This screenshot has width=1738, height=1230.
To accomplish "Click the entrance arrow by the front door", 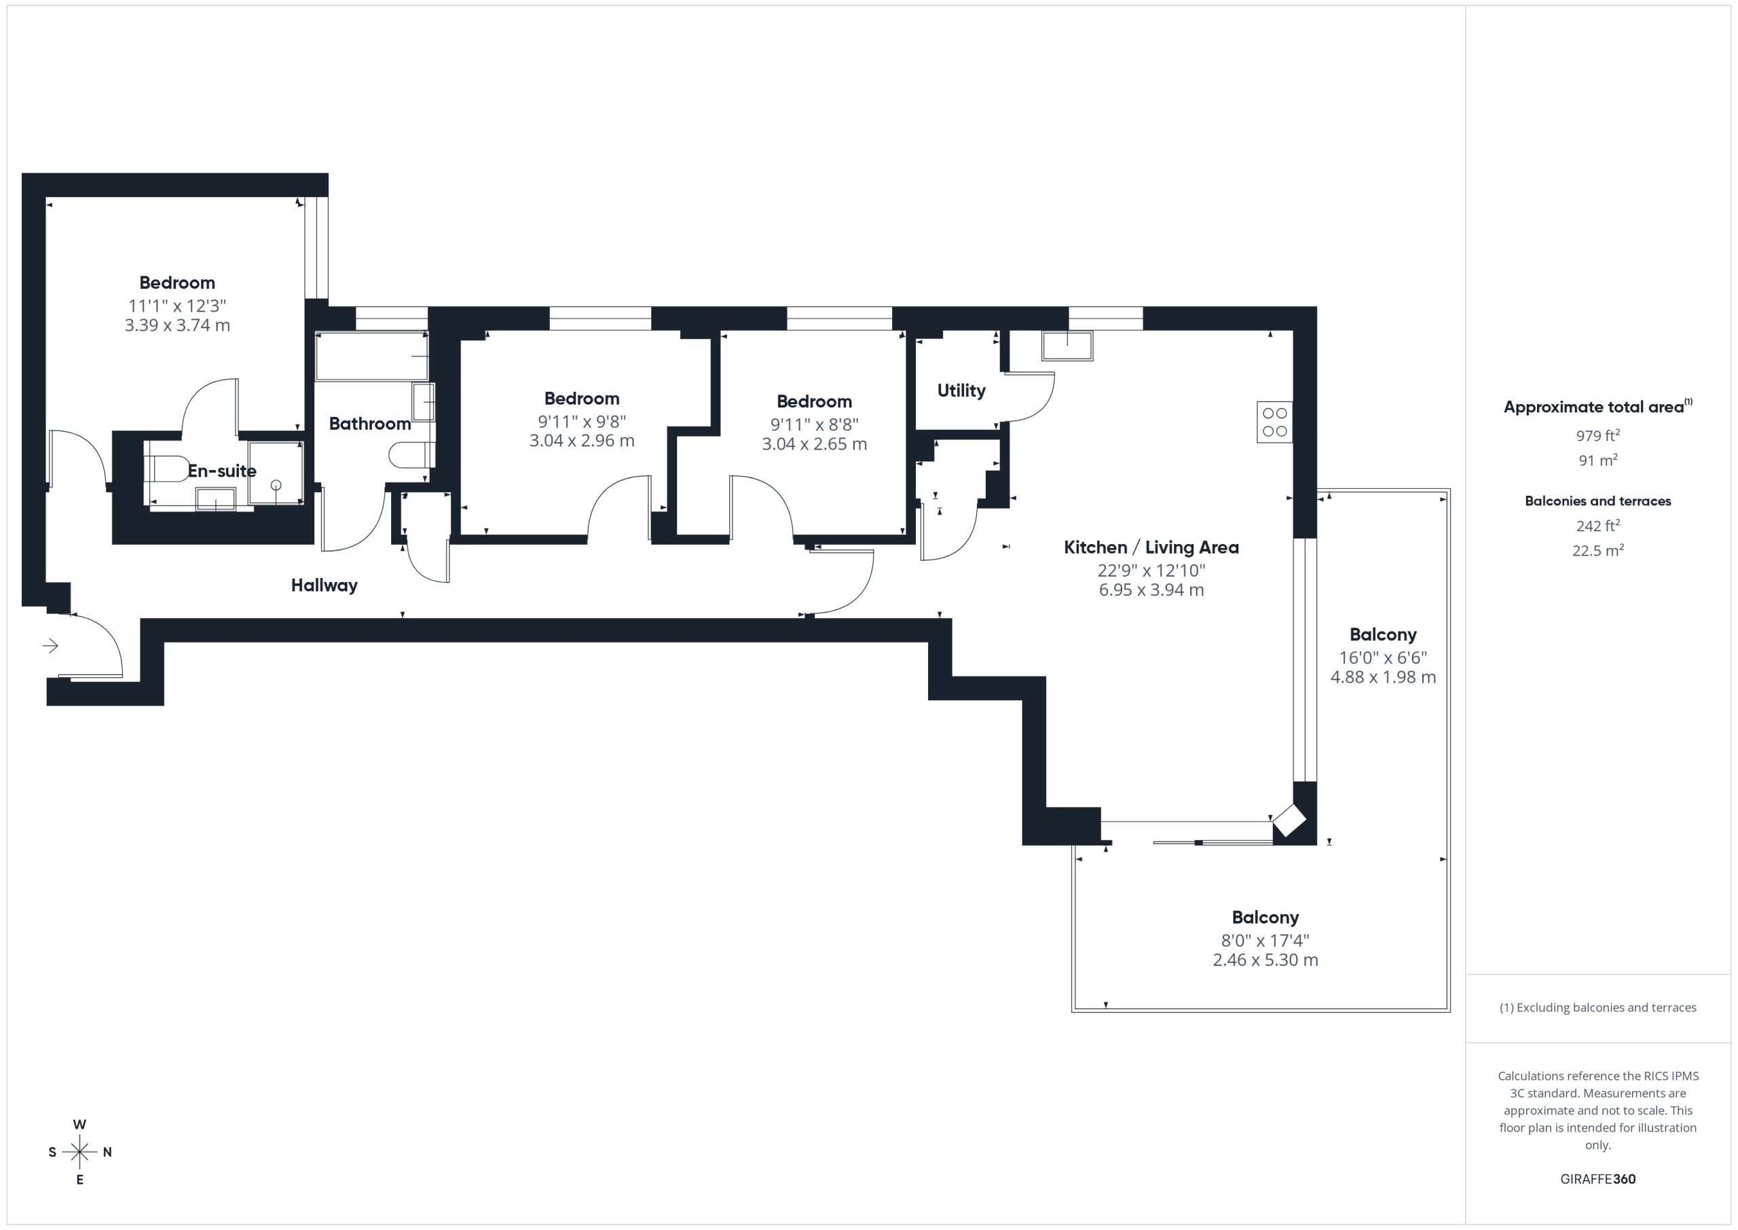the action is pyautogui.click(x=51, y=645).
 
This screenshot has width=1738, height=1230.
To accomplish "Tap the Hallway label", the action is pyautogui.click(x=324, y=585).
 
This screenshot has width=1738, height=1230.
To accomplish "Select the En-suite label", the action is pyautogui.click(x=222, y=471).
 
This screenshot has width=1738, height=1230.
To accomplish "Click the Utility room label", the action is pyautogui.click(x=961, y=390).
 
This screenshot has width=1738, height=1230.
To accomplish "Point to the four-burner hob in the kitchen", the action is pyautogui.click(x=1275, y=422).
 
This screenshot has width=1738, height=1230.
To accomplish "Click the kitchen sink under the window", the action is pyautogui.click(x=1067, y=346).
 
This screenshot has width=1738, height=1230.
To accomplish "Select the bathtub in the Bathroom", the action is pyautogui.click(x=371, y=356).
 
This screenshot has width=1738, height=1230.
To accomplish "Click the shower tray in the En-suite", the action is pyautogui.click(x=276, y=473).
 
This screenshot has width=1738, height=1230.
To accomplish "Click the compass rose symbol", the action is pyautogui.click(x=79, y=1152).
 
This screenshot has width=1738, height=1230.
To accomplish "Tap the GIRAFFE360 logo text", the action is pyautogui.click(x=1598, y=1178).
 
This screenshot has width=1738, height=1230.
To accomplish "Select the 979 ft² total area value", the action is pyautogui.click(x=1598, y=435).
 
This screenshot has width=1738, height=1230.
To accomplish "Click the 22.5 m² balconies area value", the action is pyautogui.click(x=1598, y=550).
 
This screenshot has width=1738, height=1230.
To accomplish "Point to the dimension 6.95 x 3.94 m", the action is pyautogui.click(x=1151, y=590).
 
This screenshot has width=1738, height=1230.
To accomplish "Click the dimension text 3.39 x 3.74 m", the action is pyautogui.click(x=177, y=325).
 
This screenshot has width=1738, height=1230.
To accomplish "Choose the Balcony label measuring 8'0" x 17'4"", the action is pyautogui.click(x=1265, y=917).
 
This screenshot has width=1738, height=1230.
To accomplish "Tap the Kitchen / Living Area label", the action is pyautogui.click(x=1151, y=547).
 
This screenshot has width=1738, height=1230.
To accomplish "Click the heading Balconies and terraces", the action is pyautogui.click(x=1598, y=501).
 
